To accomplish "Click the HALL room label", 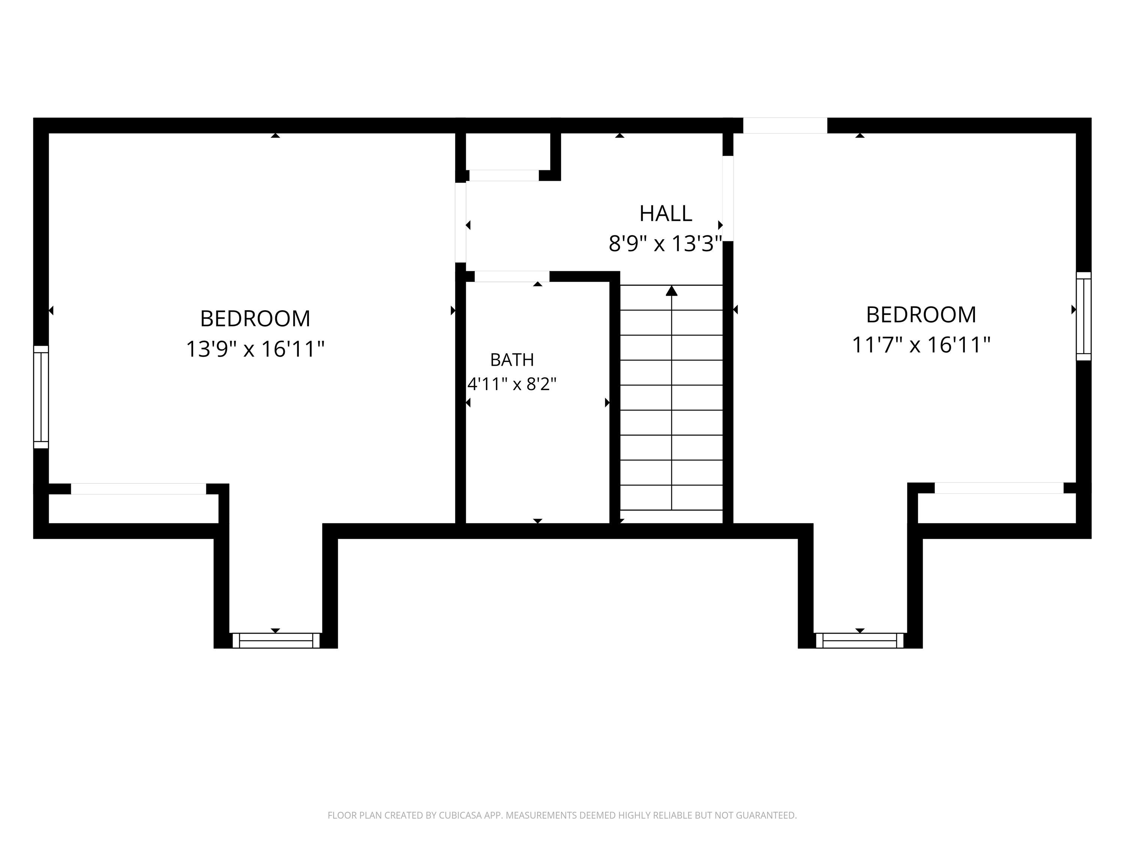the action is pos(665,214).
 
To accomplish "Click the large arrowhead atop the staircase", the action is pos(672,291).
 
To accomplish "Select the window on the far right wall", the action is pos(1083,316).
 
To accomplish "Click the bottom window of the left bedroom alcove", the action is pos(276,641).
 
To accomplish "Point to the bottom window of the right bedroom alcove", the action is pos(859,641).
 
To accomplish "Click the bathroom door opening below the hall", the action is pos(511,277).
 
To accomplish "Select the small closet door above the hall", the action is pos(504,176).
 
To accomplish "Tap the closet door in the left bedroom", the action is pos(138,489).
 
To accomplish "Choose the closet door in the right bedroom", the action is pos(999,488).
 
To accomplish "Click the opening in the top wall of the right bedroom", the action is pos(785,126).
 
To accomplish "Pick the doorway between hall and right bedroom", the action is pos(728,198).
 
